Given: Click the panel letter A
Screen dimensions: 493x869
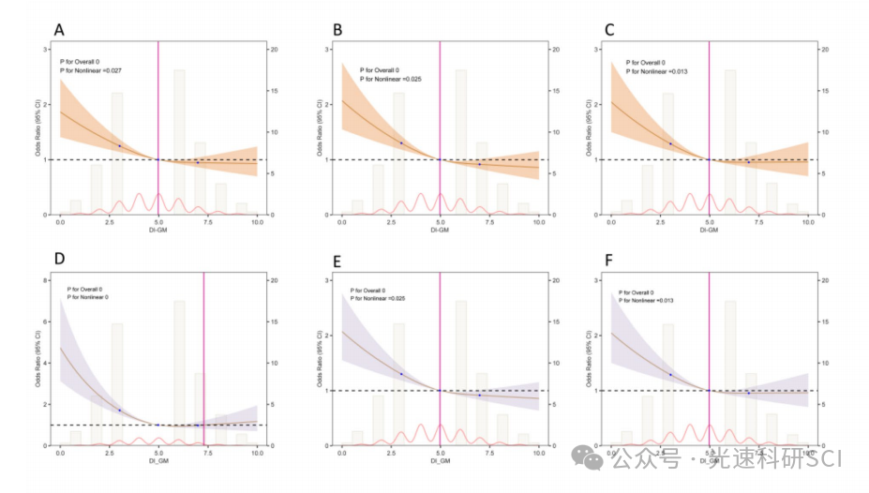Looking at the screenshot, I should [x=59, y=30].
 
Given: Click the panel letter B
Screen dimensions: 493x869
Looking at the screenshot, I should [x=337, y=30].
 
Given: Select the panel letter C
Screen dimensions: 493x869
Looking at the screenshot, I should [x=609, y=30].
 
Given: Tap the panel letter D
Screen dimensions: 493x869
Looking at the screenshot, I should [x=59, y=258].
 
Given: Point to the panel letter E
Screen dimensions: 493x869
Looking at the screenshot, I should [x=337, y=258].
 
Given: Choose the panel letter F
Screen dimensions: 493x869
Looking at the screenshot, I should [x=609, y=258].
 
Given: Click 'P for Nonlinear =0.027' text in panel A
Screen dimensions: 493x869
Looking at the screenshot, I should [x=91, y=71].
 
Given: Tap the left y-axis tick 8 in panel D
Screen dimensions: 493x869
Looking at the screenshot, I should [x=47, y=279].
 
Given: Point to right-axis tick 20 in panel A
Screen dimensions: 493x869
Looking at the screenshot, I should [x=272, y=49].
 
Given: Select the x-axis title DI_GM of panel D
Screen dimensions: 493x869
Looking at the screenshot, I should [x=157, y=459].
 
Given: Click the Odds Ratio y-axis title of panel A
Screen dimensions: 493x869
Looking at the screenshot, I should [x=38, y=132].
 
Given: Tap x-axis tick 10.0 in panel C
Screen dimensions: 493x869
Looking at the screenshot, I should [x=809, y=221].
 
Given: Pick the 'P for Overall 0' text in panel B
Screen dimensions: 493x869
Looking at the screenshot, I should [x=367, y=70].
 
